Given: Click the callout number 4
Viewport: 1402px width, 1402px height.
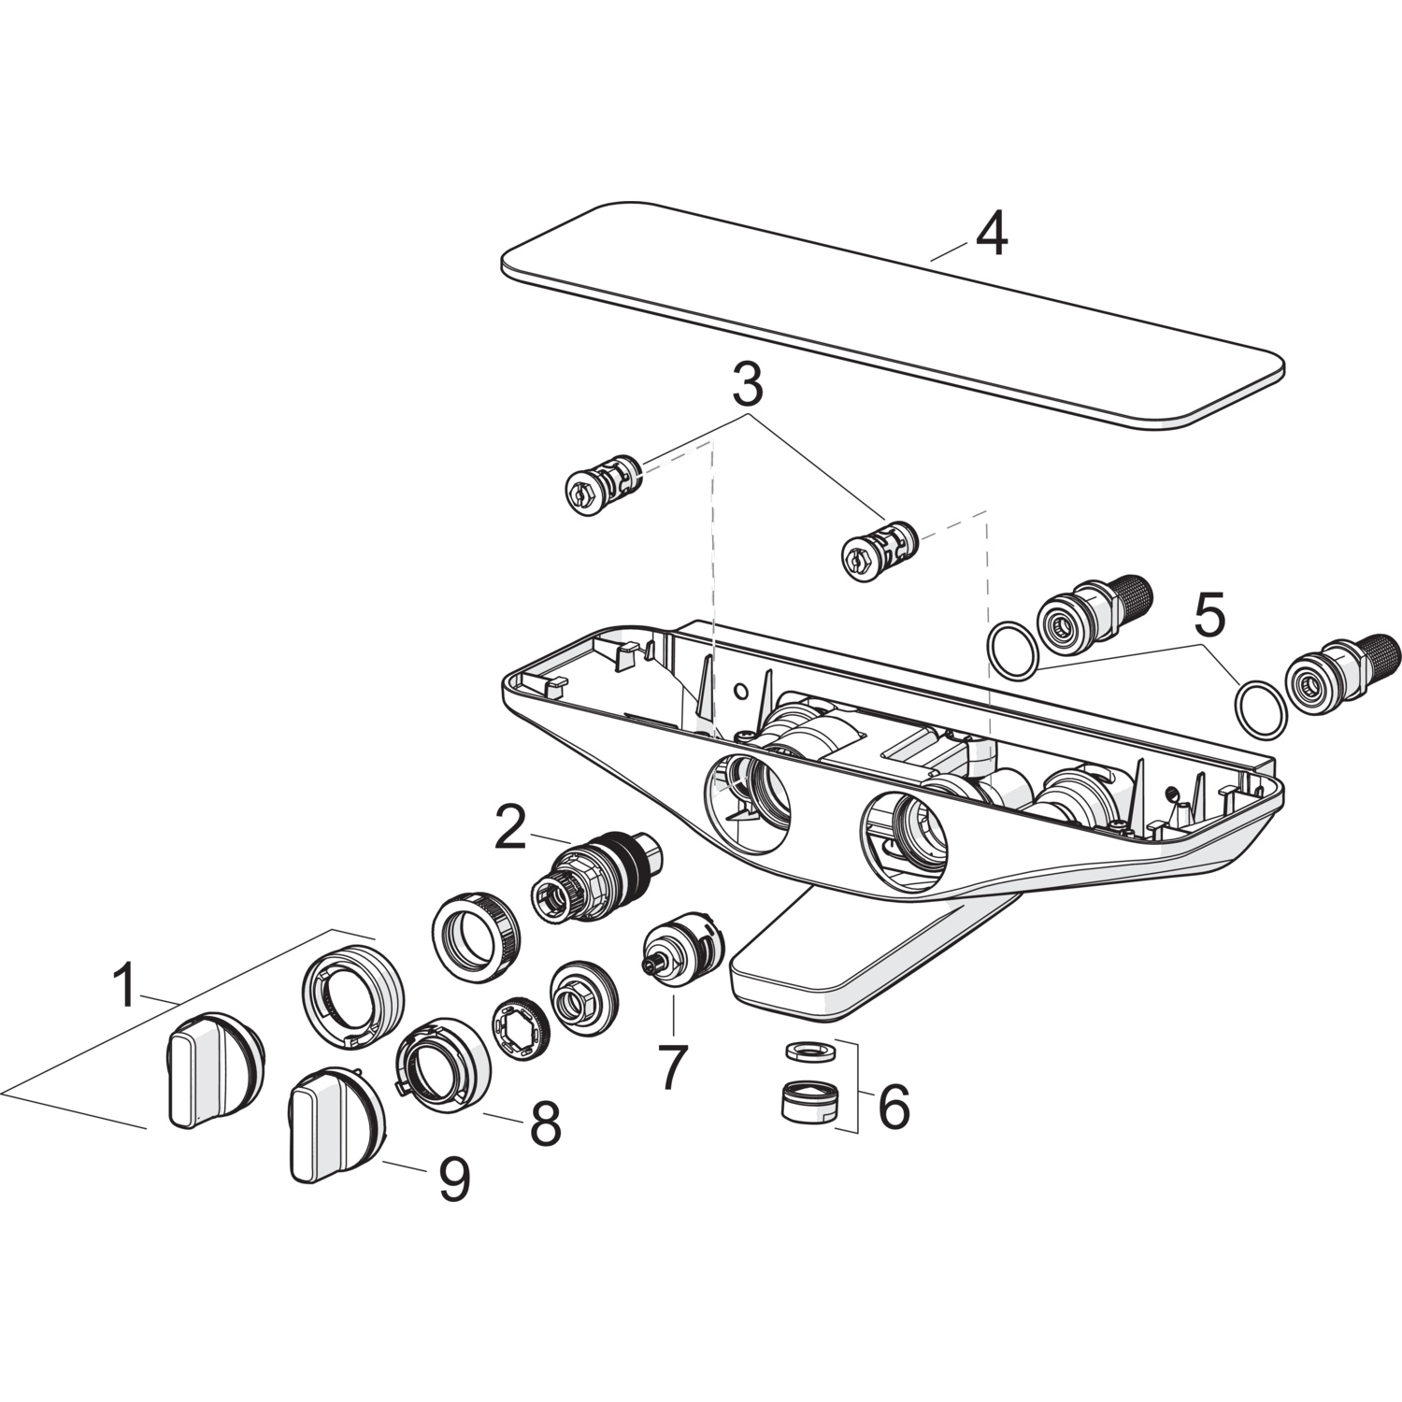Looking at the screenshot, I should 992,235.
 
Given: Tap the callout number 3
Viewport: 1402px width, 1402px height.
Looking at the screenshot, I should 747,384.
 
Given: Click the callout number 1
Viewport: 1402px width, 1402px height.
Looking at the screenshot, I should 123,986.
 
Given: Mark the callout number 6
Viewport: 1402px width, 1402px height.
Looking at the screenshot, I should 893,1108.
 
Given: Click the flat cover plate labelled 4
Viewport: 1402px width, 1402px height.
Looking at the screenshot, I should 888,318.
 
